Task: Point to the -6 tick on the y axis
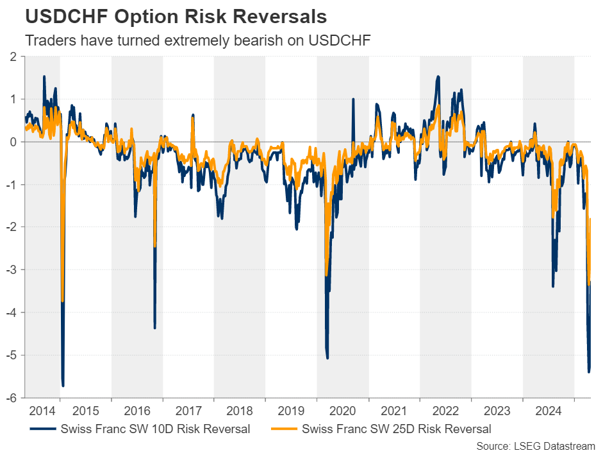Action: [12, 398]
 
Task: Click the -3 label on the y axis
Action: [12, 269]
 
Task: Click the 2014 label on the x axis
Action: [41, 410]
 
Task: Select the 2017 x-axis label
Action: [188, 410]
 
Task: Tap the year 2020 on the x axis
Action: [343, 410]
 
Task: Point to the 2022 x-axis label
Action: [445, 410]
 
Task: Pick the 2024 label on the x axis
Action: [549, 410]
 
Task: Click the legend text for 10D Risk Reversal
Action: [154, 429]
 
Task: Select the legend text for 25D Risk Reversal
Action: [396, 429]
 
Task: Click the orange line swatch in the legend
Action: [283, 429]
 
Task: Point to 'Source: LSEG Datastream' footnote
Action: [536, 445]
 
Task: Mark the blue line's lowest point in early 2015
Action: [63, 385]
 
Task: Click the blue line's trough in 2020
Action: [327, 357]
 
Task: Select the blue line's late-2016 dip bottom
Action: [154, 328]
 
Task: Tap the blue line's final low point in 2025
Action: [589, 371]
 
